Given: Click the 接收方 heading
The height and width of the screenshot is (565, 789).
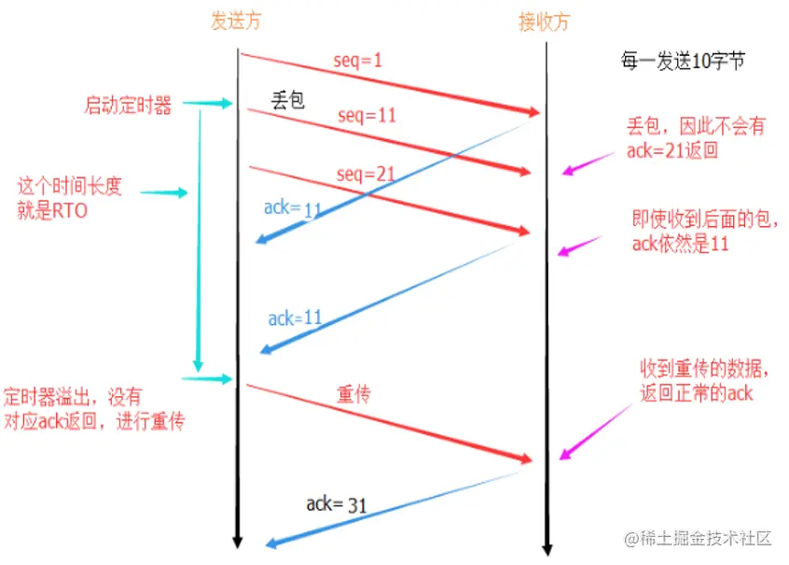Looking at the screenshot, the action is tap(544, 21).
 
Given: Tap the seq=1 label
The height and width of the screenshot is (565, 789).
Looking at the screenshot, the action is tap(358, 62).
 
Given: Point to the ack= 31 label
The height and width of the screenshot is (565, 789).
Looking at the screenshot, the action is tap(336, 505).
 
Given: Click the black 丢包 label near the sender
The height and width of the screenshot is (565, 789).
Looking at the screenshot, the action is tap(288, 100).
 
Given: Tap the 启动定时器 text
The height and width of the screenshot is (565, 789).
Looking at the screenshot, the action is tap(128, 106).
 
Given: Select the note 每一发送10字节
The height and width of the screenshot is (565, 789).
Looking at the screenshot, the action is tap(683, 63).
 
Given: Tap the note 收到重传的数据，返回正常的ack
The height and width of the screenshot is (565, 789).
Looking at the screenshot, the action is tap(696, 381).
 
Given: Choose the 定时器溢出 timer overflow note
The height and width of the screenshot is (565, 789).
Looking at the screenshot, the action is tap(94, 408).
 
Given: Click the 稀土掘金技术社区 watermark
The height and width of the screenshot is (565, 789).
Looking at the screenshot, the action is tap(699, 539).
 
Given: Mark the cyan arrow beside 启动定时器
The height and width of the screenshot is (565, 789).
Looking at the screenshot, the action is tap(215, 105).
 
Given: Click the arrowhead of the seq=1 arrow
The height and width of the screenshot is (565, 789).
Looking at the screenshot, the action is tap(534, 112).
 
